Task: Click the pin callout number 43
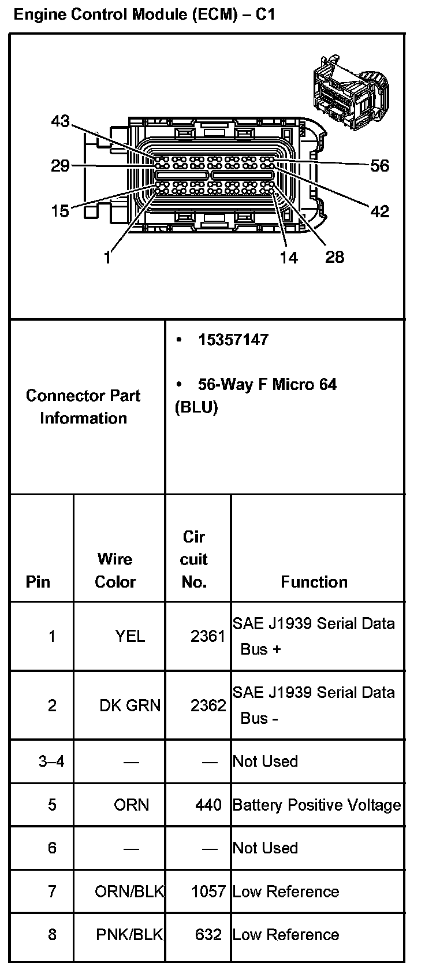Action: [60, 121]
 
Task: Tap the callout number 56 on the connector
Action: [379, 166]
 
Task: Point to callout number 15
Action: [60, 211]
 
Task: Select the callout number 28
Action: [335, 257]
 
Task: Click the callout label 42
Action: [379, 211]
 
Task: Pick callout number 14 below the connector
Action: [289, 257]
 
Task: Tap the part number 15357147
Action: [233, 340]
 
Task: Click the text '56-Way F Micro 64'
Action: [267, 385]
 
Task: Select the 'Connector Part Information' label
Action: [83, 407]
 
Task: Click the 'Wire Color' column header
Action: [115, 570]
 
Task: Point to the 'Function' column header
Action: [314, 582]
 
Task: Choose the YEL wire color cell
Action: [130, 636]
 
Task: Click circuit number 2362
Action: [208, 705]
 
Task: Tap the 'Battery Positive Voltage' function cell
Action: [316, 805]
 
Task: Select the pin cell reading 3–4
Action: [51, 762]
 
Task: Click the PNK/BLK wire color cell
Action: [129, 935]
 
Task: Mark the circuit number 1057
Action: [208, 892]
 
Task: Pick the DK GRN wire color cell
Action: [130, 705]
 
